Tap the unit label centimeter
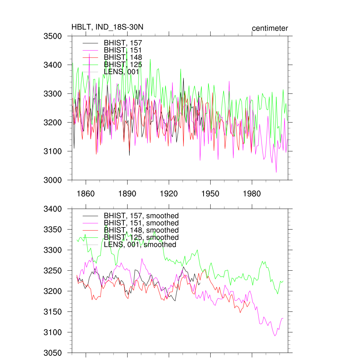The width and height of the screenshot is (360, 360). (x=270, y=28)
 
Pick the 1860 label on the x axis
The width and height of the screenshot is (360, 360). (x=86, y=194)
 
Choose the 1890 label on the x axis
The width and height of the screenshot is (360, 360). (x=127, y=194)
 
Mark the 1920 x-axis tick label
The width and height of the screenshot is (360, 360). (x=169, y=194)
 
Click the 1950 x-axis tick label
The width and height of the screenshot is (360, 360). (x=210, y=194)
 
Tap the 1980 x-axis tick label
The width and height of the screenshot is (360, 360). (x=252, y=194)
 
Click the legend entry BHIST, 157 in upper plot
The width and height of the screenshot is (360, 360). (x=123, y=43)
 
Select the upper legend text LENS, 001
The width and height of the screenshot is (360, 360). (x=122, y=72)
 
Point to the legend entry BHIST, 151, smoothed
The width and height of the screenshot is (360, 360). (x=141, y=223)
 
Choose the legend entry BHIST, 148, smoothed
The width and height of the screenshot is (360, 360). (x=141, y=230)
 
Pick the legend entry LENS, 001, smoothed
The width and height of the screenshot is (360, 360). (x=140, y=245)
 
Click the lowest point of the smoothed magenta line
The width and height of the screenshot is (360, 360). (x=275, y=336)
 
